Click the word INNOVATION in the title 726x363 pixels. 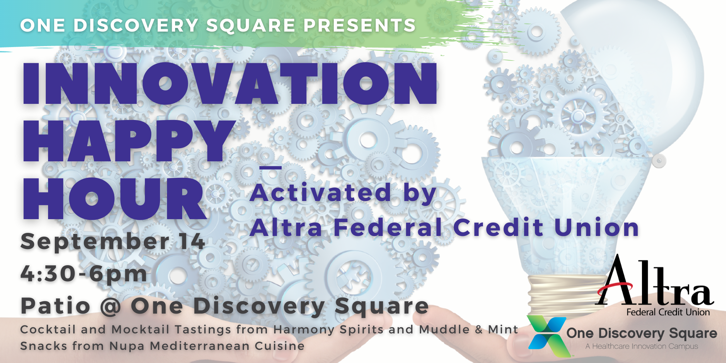[x=230, y=83]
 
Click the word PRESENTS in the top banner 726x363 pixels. [x=360, y=26]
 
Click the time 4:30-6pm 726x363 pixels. [x=84, y=273]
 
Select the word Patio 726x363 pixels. [x=55, y=306]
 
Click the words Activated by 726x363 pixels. [x=343, y=193]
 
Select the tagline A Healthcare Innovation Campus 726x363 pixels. [x=642, y=347]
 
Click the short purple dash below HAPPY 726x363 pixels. [x=271, y=167]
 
